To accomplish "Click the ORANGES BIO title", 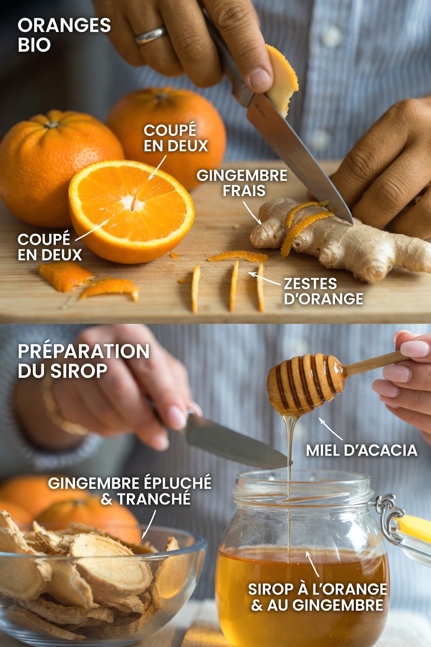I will tap(64, 34).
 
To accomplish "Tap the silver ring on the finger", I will tap(151, 35).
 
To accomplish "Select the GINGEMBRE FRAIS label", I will tap(241, 182).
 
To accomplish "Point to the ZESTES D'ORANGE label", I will tap(323, 291).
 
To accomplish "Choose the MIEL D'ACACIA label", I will tap(361, 450).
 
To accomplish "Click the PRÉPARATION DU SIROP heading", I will tap(83, 360).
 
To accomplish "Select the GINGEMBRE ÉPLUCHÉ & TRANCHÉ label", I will tap(130, 490).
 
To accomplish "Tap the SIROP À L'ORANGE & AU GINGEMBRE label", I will tap(318, 597).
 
